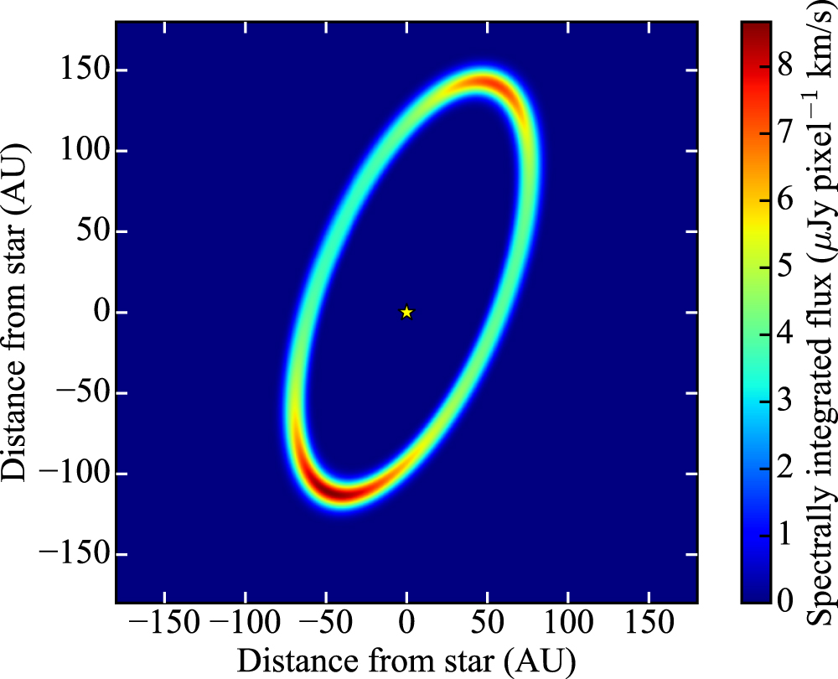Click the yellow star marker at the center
pyautogui.click(x=406, y=312)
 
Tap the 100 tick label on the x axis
pyautogui.click(x=569, y=623)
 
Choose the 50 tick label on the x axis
pyautogui.click(x=488, y=623)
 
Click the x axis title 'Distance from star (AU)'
pyautogui.click(x=406, y=658)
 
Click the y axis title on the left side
pyautogui.click(x=18, y=312)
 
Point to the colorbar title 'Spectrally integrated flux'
pyautogui.click(x=819, y=312)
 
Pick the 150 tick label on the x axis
pyautogui.click(x=649, y=623)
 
